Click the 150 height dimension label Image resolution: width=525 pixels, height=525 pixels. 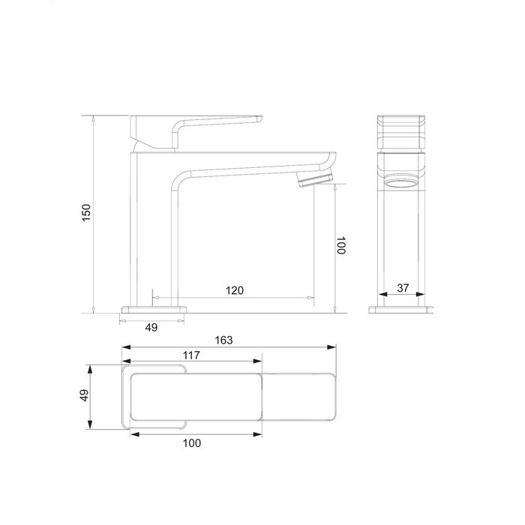pos(86,212)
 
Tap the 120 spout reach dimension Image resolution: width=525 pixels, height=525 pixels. pos(234,290)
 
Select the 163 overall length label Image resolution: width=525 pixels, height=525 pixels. pos(223,340)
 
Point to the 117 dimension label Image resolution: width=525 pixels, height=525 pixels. pos(191,355)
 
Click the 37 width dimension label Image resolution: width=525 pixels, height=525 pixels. pos(403,288)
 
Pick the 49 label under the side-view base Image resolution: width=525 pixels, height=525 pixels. pos(151,328)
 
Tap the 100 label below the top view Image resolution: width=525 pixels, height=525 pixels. pos(192,443)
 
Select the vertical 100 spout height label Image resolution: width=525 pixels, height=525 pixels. pos(340,245)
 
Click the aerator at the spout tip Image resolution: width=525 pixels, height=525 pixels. pos(315,178)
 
